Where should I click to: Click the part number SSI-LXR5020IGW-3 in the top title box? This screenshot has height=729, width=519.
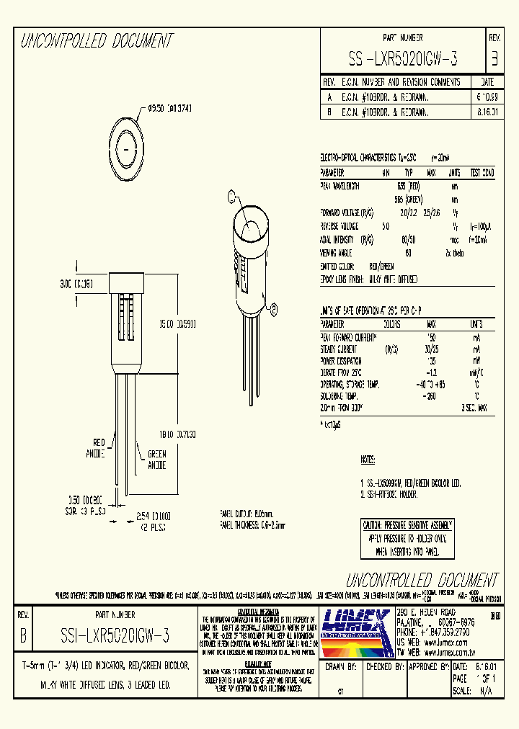pos(403,57)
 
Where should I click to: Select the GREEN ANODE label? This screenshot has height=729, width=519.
pos(156,460)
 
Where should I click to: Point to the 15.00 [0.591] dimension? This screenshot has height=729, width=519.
pos(177,324)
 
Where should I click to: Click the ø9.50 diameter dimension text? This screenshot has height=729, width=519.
pos(169,107)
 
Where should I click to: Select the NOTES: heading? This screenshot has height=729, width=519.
pos(368,459)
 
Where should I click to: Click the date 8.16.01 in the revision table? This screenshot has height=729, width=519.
pos(487,112)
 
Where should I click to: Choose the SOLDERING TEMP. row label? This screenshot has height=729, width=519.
pos(340,396)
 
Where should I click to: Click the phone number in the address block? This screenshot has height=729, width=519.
pos(433,630)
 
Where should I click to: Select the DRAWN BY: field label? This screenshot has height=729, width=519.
pos(342,667)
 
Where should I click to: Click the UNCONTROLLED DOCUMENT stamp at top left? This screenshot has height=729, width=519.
pos(97,41)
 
